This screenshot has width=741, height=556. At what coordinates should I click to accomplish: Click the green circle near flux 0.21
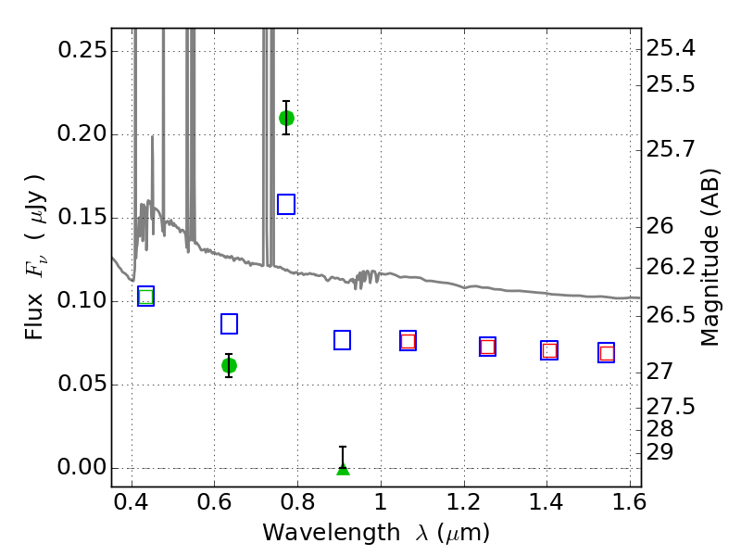click(286, 118)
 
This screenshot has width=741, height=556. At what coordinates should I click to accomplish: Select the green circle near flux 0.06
click(229, 365)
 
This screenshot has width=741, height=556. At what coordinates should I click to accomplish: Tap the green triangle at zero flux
click(343, 469)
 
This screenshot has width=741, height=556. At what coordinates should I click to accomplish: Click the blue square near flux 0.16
click(286, 204)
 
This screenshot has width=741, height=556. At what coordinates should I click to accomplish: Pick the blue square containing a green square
click(146, 297)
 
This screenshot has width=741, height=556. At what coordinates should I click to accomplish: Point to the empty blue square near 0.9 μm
click(342, 340)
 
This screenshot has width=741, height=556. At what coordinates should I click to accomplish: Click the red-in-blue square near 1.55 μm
click(607, 353)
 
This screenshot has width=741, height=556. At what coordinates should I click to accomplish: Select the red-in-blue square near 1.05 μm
click(408, 340)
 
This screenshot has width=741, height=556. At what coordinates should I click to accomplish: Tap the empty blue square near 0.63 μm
click(229, 323)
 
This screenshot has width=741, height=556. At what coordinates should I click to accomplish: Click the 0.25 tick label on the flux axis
click(82, 50)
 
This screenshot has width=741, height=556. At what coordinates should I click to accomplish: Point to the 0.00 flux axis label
click(82, 467)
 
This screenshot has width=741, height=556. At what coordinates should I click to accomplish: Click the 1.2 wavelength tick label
click(464, 501)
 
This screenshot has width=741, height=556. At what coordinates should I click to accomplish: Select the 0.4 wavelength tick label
click(132, 501)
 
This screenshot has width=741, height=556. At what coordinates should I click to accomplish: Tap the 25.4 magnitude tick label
click(671, 48)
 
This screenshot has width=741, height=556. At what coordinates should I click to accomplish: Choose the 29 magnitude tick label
click(659, 452)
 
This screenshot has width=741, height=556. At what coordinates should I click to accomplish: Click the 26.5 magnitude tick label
click(671, 315)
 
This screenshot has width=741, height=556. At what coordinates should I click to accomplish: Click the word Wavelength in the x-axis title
click(332, 533)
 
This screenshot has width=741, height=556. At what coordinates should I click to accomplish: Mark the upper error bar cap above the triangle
click(343, 447)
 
